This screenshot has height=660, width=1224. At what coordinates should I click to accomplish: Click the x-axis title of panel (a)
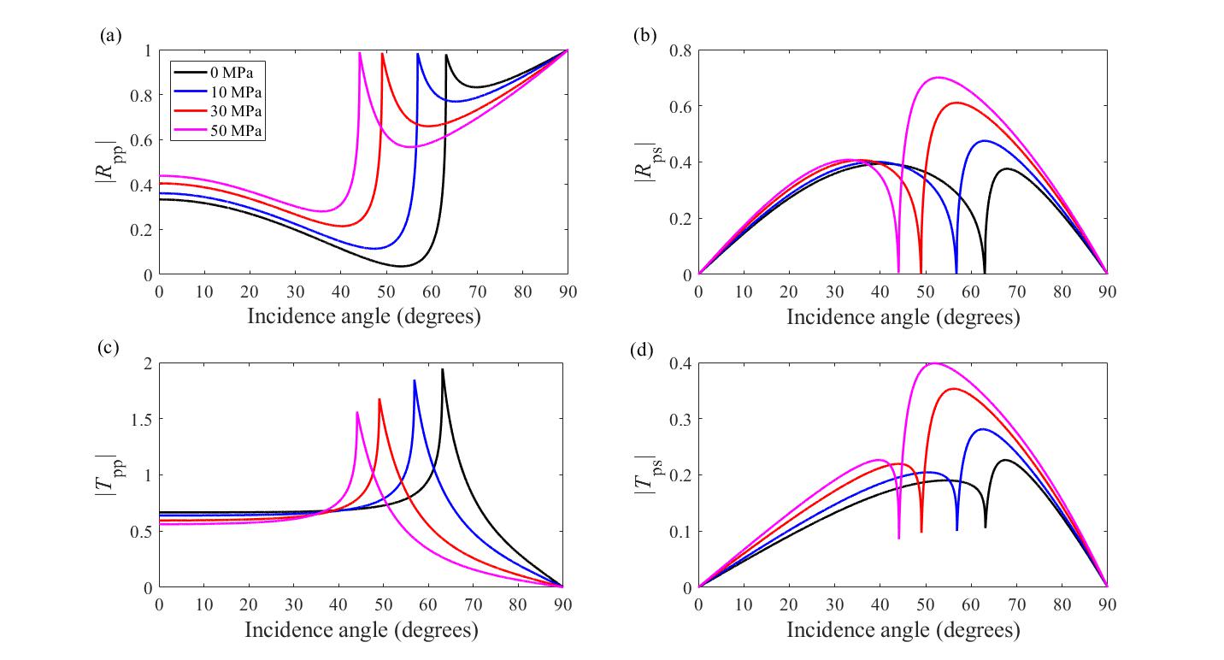pos(363,317)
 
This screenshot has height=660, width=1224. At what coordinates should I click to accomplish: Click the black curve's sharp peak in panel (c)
pos(443,369)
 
